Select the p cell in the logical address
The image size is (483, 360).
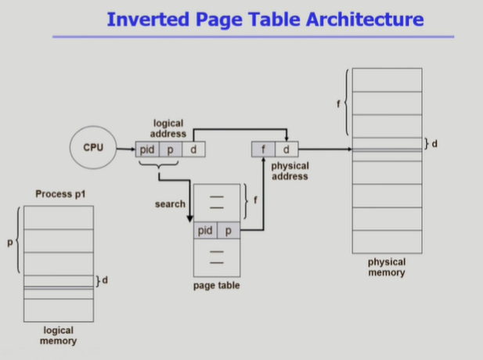point(171,148)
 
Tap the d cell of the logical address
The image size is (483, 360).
point(193,148)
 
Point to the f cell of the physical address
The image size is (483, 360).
point(263,149)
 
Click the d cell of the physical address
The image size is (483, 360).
point(286,149)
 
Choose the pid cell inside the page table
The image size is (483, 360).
point(205,231)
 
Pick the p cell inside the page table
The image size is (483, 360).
point(229,231)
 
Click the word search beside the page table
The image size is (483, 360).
point(170,204)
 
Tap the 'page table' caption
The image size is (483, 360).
point(216,286)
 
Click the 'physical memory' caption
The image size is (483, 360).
point(387,268)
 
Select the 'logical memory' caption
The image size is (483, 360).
point(59,336)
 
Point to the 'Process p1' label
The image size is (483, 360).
point(59,193)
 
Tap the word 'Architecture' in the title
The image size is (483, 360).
point(360,19)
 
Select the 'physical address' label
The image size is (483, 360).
point(289,171)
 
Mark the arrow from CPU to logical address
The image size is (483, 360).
point(124,148)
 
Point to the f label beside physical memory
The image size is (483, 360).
point(338,105)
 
